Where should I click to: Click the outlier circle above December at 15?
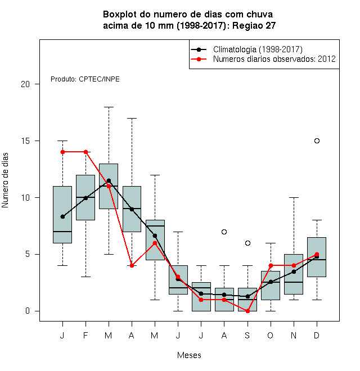click(x=317, y=141)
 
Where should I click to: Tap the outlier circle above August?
click(x=224, y=232)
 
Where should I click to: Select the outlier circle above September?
click(x=247, y=243)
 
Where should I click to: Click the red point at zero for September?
click(x=247, y=311)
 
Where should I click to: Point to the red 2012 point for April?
click(x=132, y=265)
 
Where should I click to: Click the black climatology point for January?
click(x=62, y=216)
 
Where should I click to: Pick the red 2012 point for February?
click(x=85, y=152)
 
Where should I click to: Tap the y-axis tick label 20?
click(x=25, y=84)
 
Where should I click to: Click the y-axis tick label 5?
click(x=28, y=254)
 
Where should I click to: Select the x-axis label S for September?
click(x=247, y=335)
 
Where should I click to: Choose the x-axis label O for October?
click(x=270, y=335)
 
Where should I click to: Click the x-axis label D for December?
click(x=317, y=335)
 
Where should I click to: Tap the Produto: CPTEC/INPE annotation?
click(x=85, y=79)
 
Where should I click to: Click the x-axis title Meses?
click(x=189, y=355)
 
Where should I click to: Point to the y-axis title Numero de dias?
click(x=5, y=180)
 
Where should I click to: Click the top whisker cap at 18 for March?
click(x=109, y=107)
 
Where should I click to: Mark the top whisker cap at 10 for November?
click(x=294, y=197)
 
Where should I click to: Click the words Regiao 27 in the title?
click(x=254, y=25)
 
